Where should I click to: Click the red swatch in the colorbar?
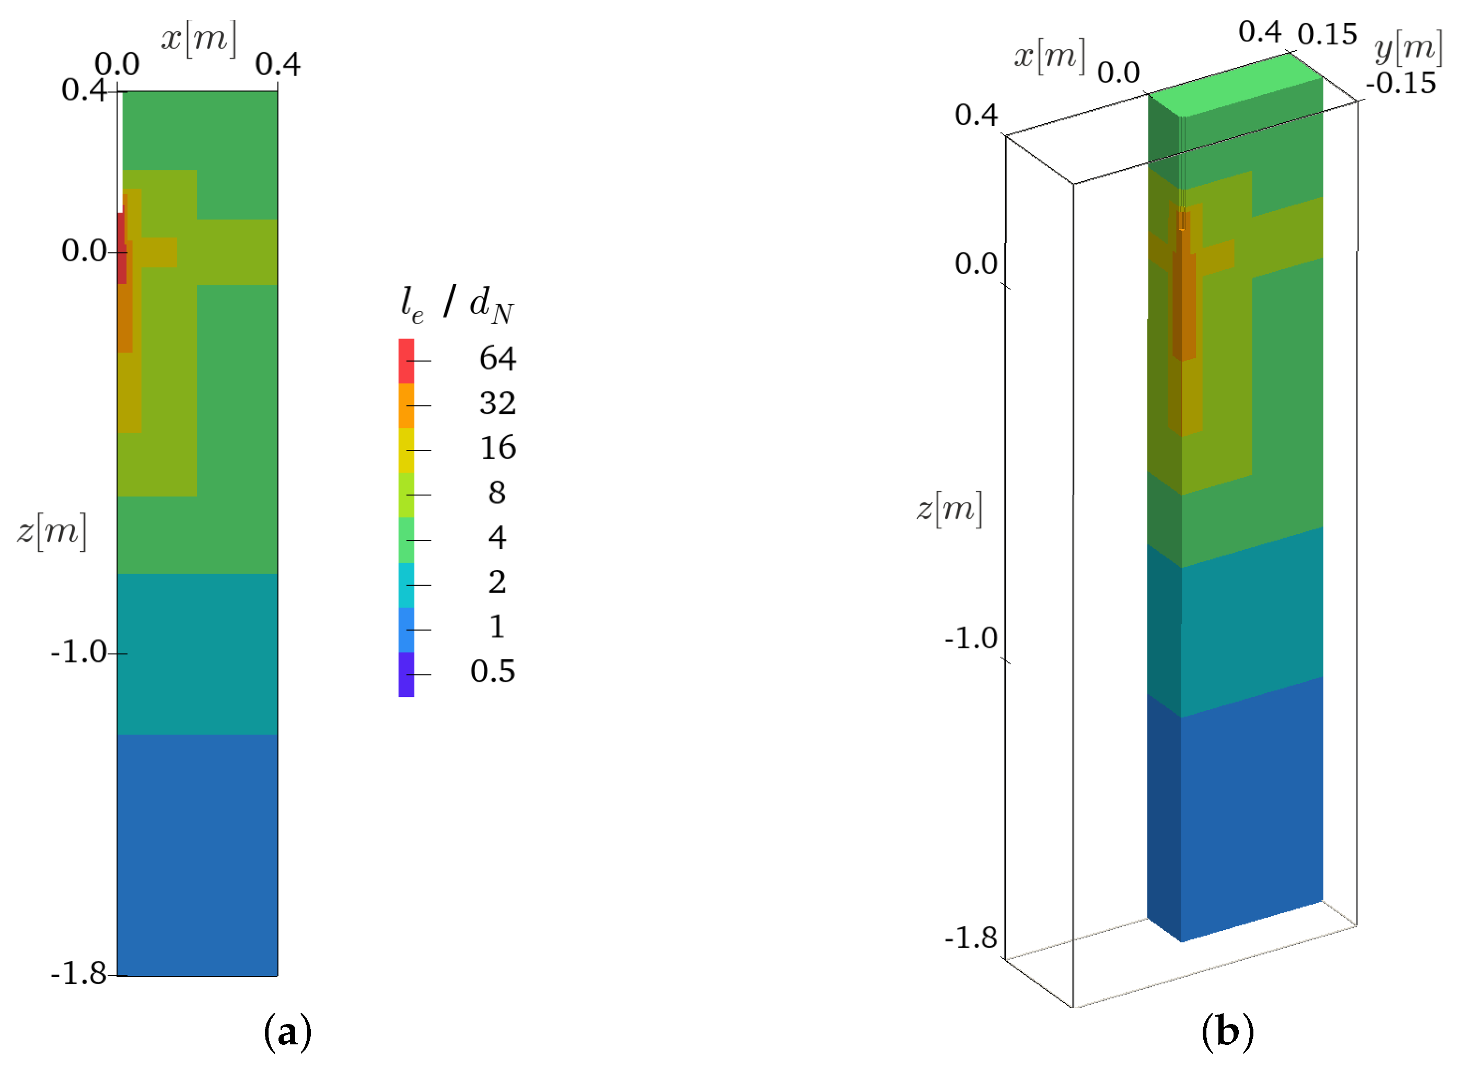(406, 360)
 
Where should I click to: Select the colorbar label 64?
(497, 358)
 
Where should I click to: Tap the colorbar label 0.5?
(493, 672)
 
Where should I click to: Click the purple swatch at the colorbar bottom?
(406, 674)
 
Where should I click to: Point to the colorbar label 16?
(497, 448)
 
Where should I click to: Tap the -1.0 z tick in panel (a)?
(78, 652)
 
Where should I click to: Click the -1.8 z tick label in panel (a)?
(78, 974)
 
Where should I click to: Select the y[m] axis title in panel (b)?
(1408, 48)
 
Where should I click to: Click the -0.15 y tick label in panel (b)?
(1400, 84)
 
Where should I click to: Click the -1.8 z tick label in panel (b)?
(970, 938)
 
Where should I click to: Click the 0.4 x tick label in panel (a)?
(277, 64)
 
